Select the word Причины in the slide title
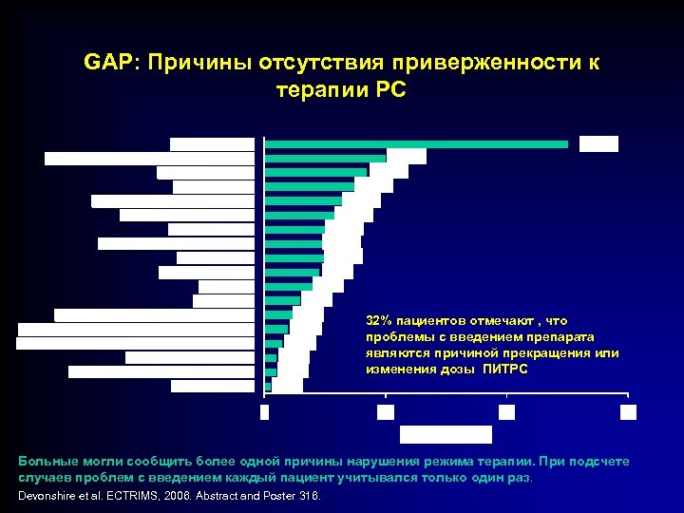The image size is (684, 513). coord(189,63)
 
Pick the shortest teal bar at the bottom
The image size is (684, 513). coord(268,386)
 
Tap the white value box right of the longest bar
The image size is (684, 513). coord(598,144)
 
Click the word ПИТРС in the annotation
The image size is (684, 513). coord(503,369)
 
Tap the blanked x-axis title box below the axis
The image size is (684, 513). coord(446,434)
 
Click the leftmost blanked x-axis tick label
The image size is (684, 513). coord(264,411)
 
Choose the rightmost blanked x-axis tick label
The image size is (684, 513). coord(628,411)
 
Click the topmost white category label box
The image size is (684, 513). coord(212,144)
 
